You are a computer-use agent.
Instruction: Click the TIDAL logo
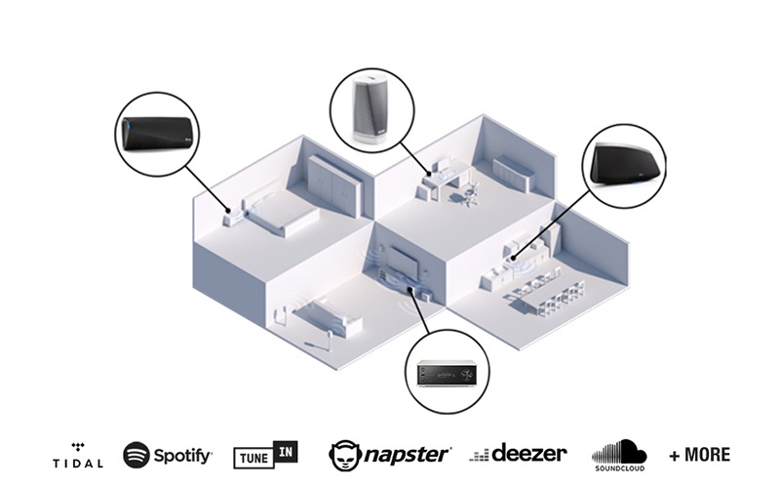point(77,454)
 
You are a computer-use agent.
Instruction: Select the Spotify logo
point(168,455)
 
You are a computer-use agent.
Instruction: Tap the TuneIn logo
point(265,455)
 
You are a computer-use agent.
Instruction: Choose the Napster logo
point(390,454)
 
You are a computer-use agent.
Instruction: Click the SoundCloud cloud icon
point(619,450)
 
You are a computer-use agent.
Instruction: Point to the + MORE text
point(699,455)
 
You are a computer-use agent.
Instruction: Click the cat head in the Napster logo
point(343,455)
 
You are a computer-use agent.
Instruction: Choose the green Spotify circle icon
point(136,455)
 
